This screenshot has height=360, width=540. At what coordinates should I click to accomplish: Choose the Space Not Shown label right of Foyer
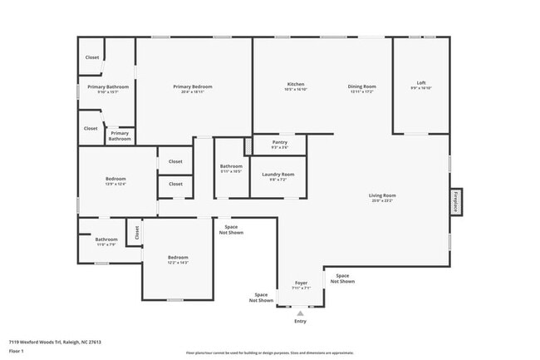(x=342, y=278)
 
